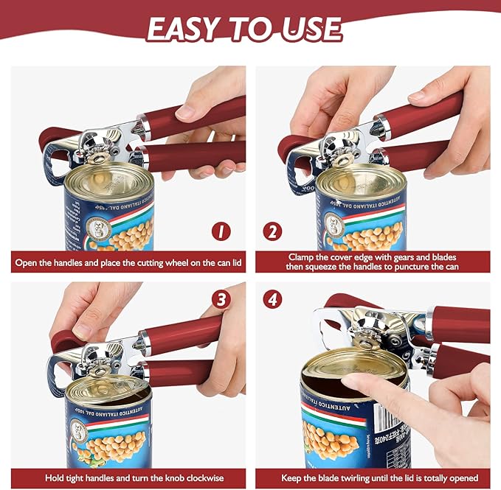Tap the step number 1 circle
221,231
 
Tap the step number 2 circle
272,231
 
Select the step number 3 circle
221,300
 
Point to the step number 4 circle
272,300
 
